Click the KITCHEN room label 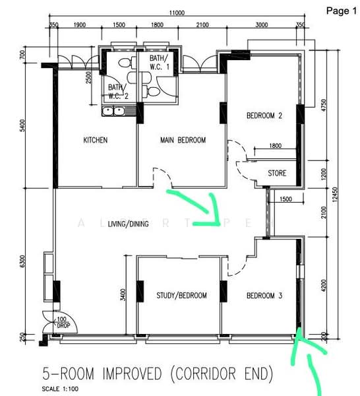95,140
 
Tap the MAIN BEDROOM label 183,140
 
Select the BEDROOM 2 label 264,115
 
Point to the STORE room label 277,174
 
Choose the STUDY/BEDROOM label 181,295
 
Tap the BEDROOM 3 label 264,295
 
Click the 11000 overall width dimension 176,13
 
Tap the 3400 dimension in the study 123,295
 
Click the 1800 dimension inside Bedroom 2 276,146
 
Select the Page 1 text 341,11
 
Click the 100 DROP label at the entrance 64,323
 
